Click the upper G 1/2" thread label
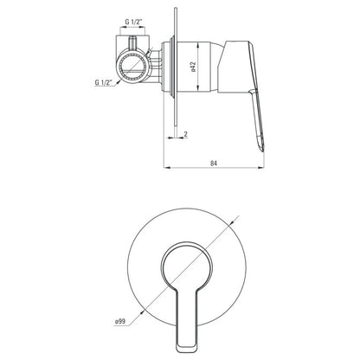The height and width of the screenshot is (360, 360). pos(132,22)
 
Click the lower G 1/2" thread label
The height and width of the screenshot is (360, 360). pos(103,82)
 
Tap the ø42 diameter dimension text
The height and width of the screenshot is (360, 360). pos(193,67)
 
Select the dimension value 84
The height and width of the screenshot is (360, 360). pos(214,163)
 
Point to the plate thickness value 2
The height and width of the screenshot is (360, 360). pos(186,134)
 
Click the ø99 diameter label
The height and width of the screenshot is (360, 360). pos(120,321)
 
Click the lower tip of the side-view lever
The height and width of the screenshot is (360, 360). pos(263,151)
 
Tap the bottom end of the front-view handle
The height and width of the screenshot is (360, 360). pos(187,350)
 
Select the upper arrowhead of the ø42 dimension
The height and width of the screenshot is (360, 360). pos(198,44)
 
